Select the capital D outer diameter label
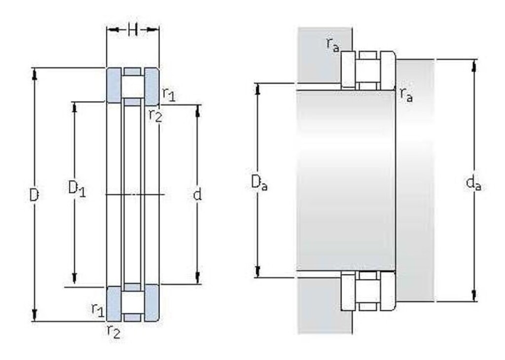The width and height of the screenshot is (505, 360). pos(34,195)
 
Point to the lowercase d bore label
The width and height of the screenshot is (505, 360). pos(197,194)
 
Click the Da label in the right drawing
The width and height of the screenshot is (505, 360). pos(259,183)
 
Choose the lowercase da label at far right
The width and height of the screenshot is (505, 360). pos(473,183)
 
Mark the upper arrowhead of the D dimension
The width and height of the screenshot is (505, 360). pos(35,73)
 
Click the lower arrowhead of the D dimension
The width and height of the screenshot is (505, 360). pos(35,316)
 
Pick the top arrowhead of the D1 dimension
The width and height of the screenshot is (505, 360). pos(74,108)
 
